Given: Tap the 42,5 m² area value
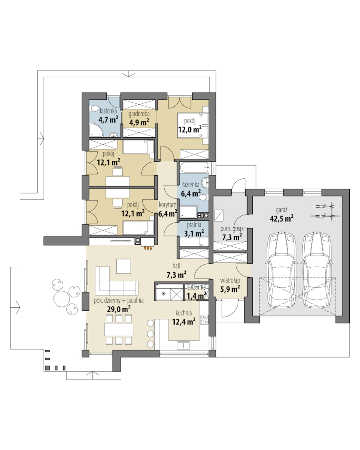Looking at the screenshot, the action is click(x=281, y=219).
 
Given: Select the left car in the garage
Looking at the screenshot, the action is click(x=281, y=270).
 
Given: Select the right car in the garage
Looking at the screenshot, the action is click(x=317, y=270).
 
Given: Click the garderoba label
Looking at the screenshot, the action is click(x=139, y=114).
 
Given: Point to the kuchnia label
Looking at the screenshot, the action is click(x=184, y=313).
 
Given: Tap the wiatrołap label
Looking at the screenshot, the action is click(x=230, y=280).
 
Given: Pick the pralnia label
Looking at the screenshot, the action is click(x=194, y=225).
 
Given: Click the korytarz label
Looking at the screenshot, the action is click(x=167, y=205).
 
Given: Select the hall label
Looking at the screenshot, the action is click(x=176, y=266).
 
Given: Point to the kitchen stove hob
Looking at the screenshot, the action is click(x=204, y=320).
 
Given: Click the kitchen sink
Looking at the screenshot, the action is click(x=182, y=345).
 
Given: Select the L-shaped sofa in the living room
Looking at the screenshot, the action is click(x=116, y=279).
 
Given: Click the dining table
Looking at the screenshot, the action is click(x=119, y=329).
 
